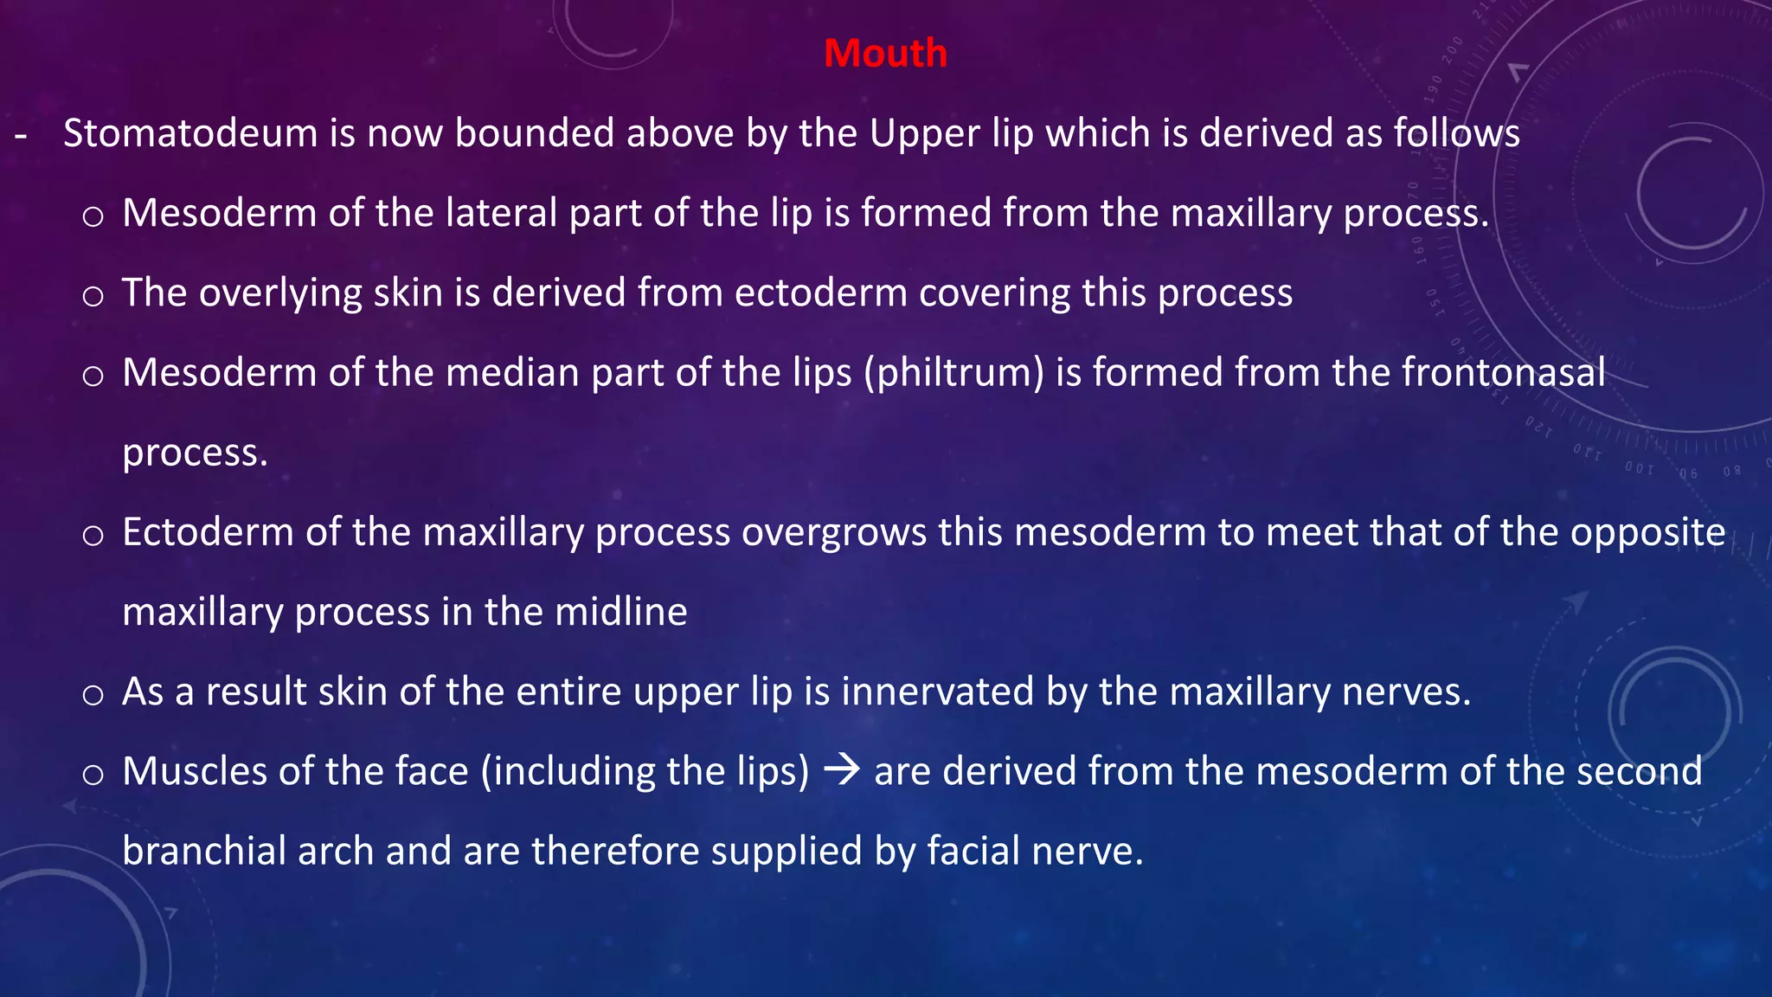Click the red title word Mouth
pyautogui.click(x=885, y=54)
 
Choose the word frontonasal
pyautogui.click(x=1503, y=373)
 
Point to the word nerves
pyautogui.click(x=1406, y=692)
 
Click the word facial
pyautogui.click(x=981, y=852)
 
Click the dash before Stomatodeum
pyautogui.click(x=21, y=136)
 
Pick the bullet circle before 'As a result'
pyautogui.click(x=93, y=695)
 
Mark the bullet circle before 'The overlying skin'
pyautogui.click(x=93, y=297)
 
